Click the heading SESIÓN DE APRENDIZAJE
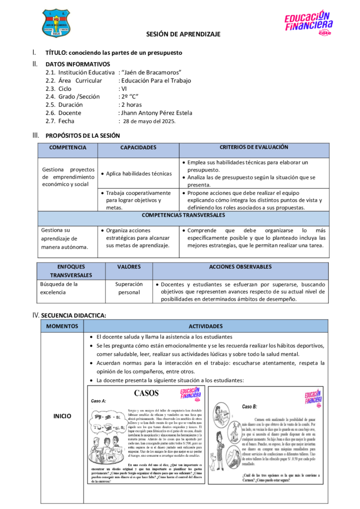coord(183,34)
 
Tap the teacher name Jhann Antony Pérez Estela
coord(156,113)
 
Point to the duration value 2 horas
coord(131,105)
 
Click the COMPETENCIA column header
coord(68,148)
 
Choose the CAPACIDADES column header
coord(138,148)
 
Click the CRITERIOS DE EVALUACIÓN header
coord(254,147)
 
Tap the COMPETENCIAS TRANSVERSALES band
coord(183,215)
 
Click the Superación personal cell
coord(129,288)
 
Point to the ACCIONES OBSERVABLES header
coord(240,267)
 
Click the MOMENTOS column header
coord(62,326)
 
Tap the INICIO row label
coord(62,416)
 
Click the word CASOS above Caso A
coord(146,393)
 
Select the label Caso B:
coord(249,407)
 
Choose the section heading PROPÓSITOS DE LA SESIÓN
coord(83,135)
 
